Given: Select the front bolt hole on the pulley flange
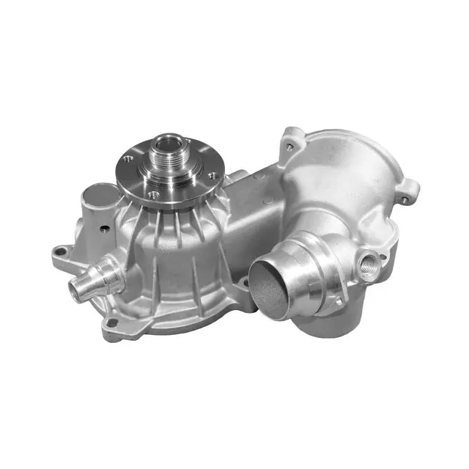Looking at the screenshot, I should [x=153, y=193].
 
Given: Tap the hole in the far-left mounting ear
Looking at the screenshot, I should [x=61, y=254].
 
